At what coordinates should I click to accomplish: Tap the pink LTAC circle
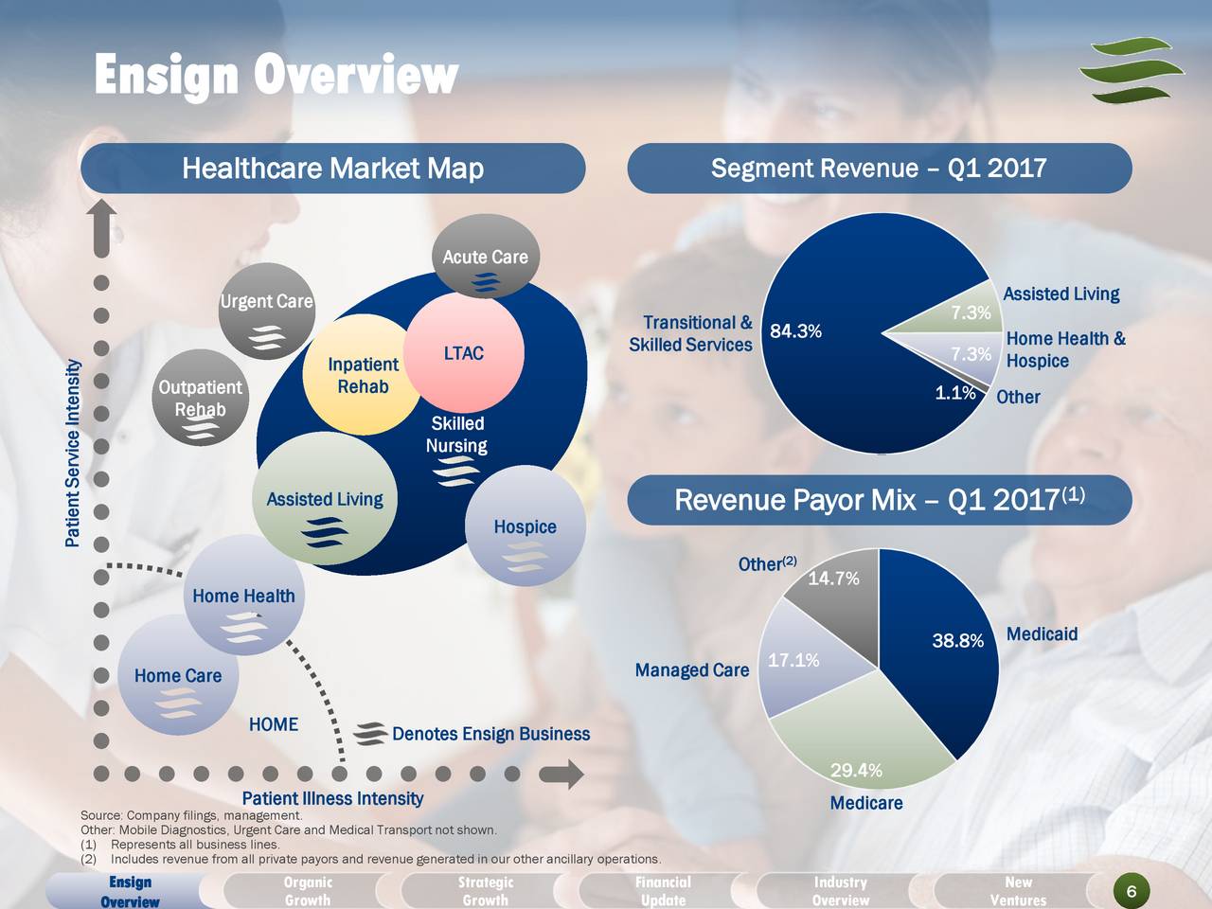(464, 353)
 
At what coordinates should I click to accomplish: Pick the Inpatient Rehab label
(363, 376)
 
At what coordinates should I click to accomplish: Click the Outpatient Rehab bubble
(200, 399)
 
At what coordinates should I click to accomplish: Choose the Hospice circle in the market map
(525, 527)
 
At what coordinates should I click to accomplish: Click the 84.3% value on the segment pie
(795, 331)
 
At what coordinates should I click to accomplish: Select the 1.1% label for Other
(954, 393)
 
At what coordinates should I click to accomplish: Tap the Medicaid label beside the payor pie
(1042, 634)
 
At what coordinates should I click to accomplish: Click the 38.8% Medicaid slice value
(958, 642)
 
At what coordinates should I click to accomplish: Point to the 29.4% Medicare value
(856, 771)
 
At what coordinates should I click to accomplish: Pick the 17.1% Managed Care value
(793, 660)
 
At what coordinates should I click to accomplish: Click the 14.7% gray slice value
(833, 579)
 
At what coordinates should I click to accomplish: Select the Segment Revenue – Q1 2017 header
(879, 169)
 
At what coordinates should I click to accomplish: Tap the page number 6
(1132, 891)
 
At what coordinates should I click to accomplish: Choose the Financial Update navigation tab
(663, 891)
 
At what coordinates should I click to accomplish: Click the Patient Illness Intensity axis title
(332, 799)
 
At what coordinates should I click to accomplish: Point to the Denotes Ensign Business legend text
(490, 735)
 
